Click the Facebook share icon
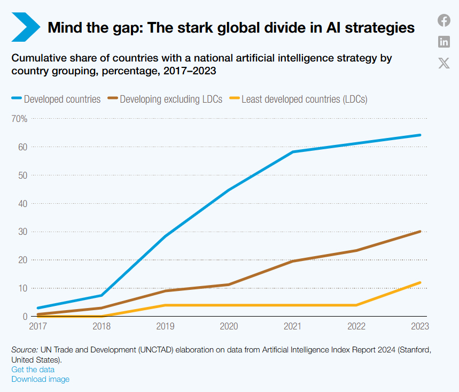444,21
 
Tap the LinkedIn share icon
444,42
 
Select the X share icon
444,63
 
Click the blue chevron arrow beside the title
25,27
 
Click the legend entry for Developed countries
56,99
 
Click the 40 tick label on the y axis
22,203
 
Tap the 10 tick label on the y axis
22,288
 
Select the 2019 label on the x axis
165,326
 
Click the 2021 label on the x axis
292,326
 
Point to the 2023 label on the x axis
419,326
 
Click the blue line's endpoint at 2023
419,135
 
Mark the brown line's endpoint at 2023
419,232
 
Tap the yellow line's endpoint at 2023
419,282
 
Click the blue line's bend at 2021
292,152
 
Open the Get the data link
33,370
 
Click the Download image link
41,379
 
